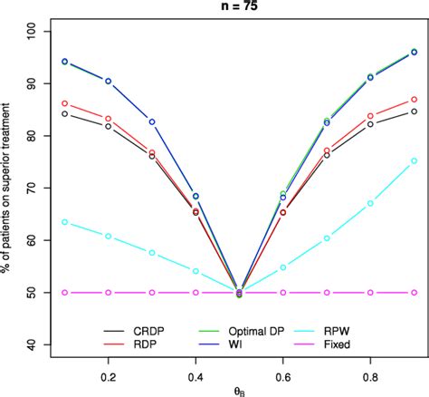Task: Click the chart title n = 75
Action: pos(239,9)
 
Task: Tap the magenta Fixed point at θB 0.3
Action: pos(152,293)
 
